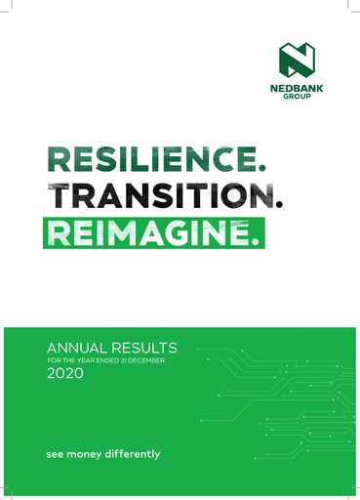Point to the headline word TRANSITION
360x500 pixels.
pyautogui.click(x=152, y=197)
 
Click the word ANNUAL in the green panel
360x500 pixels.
pyautogui.click(x=76, y=347)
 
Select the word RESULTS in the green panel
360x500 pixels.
pyautogui.click(x=142, y=347)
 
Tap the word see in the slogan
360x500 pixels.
pyautogui.click(x=55, y=455)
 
